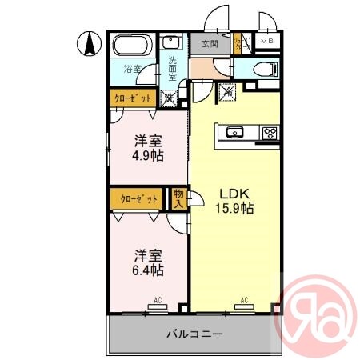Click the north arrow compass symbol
click(88, 42)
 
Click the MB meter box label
click(266, 42)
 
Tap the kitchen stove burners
click(269, 132)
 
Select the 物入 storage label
click(178, 197)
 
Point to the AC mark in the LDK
click(242, 301)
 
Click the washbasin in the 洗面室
click(170, 42)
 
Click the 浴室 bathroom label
click(131, 69)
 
